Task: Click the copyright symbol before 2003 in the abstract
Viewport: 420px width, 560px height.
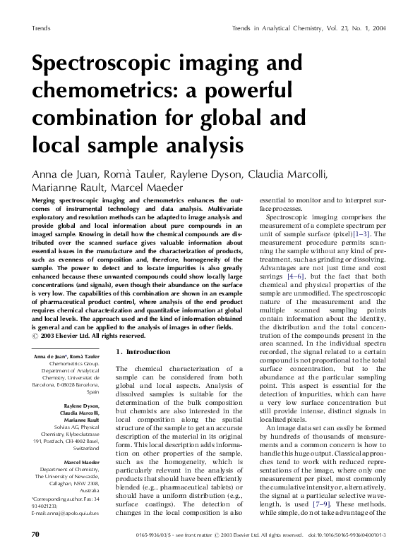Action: (37, 336)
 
